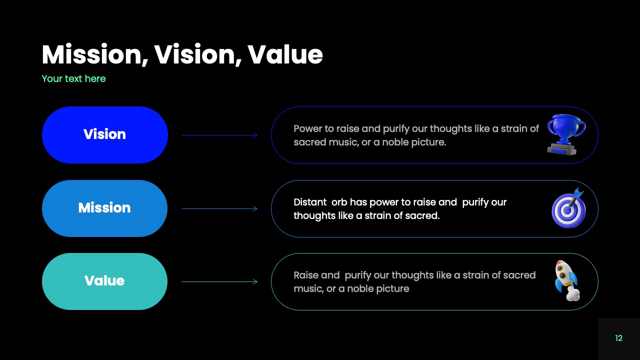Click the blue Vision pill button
pyautogui.click(x=104, y=134)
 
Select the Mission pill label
pyautogui.click(x=104, y=208)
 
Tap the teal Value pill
pyautogui.click(x=104, y=281)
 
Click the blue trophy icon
pyautogui.click(x=566, y=134)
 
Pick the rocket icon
pyautogui.click(x=566, y=280)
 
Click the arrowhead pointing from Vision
pyautogui.click(x=255, y=135)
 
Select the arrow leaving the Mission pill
pyautogui.click(x=219, y=208)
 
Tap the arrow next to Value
pyautogui.click(x=219, y=282)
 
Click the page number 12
pyautogui.click(x=618, y=338)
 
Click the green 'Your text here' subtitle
pyautogui.click(x=73, y=78)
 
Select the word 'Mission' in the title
pyautogui.click(x=94, y=54)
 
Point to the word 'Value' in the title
pyautogui.click(x=285, y=54)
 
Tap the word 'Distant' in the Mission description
pyautogui.click(x=309, y=202)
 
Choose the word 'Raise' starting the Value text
pyautogui.click(x=309, y=275)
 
